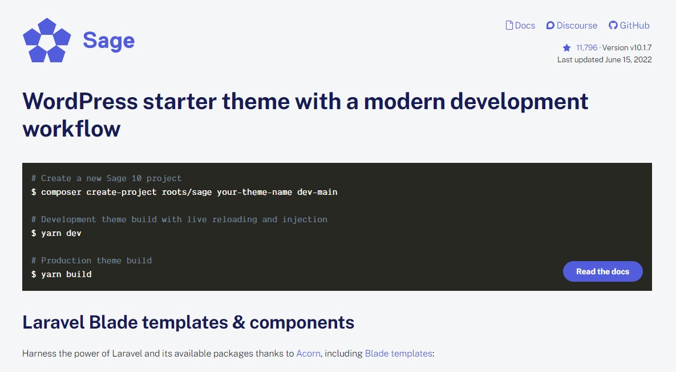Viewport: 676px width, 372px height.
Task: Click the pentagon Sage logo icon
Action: coord(47,40)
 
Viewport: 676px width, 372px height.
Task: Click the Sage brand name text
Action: coord(108,40)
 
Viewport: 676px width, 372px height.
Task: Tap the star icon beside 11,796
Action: coord(566,48)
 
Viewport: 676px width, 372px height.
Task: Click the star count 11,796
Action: coord(586,48)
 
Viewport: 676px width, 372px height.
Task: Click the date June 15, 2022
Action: coord(628,59)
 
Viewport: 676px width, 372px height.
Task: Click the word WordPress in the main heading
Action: coord(80,102)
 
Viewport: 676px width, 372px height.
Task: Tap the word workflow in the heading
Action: coord(71,129)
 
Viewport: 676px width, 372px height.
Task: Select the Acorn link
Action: coord(308,353)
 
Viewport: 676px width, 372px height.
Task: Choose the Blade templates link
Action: coord(398,353)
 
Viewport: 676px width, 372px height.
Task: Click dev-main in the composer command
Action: coord(317,192)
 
